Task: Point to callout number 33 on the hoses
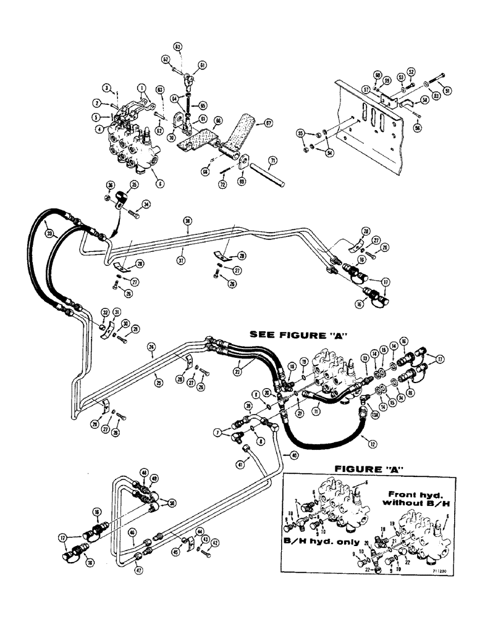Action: tap(49, 233)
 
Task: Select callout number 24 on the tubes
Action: tap(152, 347)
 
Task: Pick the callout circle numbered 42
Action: tap(216, 542)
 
